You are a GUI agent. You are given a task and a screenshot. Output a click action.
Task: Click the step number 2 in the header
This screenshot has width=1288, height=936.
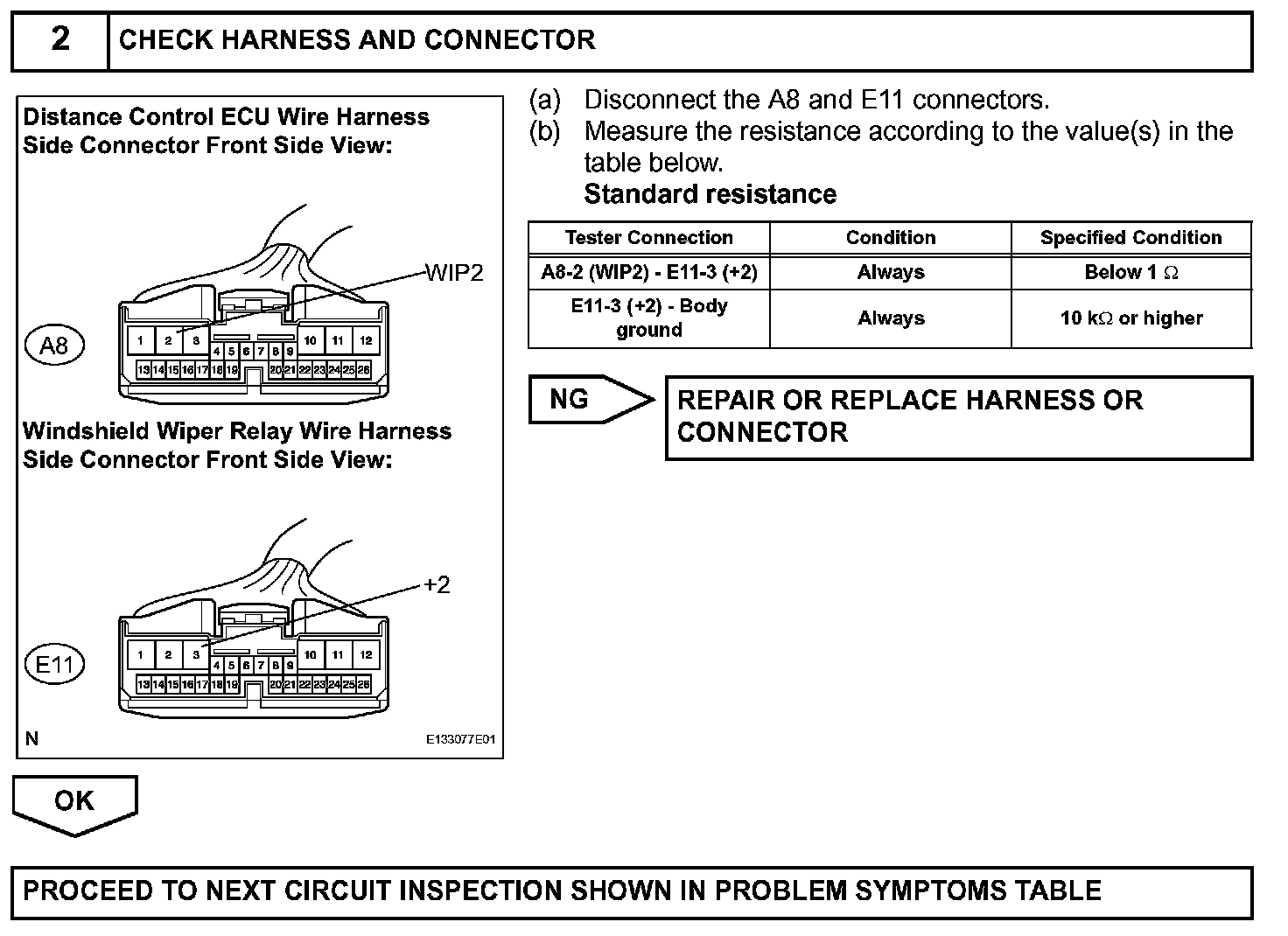tap(59, 39)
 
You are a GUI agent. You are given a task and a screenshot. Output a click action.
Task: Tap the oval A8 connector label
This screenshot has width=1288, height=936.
tap(54, 346)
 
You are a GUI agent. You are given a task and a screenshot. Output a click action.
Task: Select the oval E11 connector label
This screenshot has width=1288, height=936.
tap(54, 665)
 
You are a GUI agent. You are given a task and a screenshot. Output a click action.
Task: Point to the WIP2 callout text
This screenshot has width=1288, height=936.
tap(454, 273)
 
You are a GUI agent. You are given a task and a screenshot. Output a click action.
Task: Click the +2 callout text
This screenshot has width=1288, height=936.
tap(437, 584)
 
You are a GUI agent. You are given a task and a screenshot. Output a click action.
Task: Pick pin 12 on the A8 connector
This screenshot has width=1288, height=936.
tap(366, 340)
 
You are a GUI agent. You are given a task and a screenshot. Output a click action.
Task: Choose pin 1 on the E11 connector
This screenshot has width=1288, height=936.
tap(140, 653)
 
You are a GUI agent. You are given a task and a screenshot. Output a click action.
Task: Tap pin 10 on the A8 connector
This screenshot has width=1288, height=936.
tap(310, 340)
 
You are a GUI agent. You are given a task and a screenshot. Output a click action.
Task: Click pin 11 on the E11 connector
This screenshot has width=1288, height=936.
tap(338, 653)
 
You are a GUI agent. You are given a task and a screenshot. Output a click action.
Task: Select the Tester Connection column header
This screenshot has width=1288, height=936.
tap(648, 238)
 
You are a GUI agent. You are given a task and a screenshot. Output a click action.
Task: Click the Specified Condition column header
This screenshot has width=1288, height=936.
tap(1130, 238)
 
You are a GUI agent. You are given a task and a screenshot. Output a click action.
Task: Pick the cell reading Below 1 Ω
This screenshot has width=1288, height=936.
tap(1130, 272)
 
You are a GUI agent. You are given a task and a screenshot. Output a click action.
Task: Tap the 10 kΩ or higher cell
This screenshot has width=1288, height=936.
tap(1130, 318)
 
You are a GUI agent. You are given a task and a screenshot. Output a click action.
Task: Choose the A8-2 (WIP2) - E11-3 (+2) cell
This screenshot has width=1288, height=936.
tap(648, 272)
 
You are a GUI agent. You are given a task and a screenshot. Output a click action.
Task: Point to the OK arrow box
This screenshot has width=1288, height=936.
tap(74, 802)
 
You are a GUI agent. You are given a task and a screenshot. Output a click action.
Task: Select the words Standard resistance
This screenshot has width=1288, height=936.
tap(710, 194)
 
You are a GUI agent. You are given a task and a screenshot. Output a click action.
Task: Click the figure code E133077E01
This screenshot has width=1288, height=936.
tap(460, 739)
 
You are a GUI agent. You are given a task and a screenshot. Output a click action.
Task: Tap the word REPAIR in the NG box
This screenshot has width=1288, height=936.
tap(726, 401)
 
